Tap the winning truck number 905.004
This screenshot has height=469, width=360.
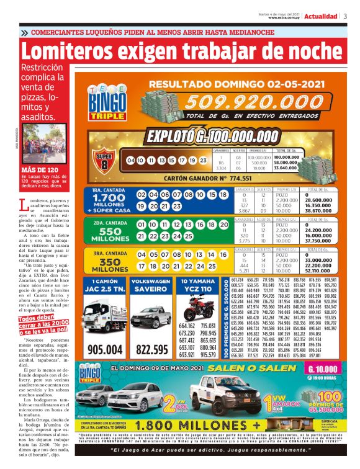point(105,350)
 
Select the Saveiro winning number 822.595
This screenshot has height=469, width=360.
point(151,350)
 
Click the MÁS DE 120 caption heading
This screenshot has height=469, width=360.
point(39,169)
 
